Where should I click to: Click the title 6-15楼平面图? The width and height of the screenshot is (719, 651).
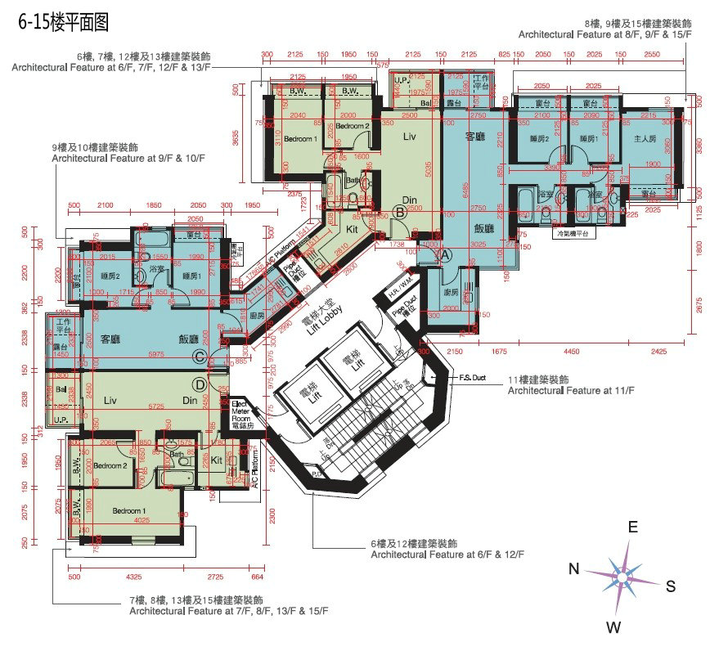[x=63, y=22]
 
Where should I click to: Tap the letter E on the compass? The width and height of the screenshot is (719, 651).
[x=632, y=528]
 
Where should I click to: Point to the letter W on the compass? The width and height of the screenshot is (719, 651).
[x=612, y=627]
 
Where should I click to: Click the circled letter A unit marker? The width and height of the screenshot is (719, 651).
[x=446, y=254]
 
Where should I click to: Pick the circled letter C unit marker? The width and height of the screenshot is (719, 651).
[x=198, y=356]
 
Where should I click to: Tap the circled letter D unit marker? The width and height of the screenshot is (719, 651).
[x=198, y=384]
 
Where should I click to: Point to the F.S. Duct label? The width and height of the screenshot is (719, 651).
[x=474, y=378]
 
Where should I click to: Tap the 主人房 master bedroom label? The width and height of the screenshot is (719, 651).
[x=645, y=140]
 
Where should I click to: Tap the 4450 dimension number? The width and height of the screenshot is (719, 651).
[x=572, y=351]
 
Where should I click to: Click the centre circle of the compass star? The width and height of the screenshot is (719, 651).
[x=623, y=578]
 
